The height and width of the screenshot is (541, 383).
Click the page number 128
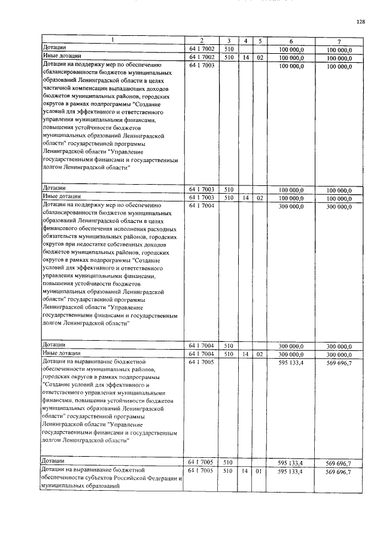click(360, 23)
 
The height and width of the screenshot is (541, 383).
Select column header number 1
click(111, 40)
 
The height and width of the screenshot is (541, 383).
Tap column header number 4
click(245, 40)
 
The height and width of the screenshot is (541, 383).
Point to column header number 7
click(339, 40)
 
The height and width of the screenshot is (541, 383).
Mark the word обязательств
click(64, 237)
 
